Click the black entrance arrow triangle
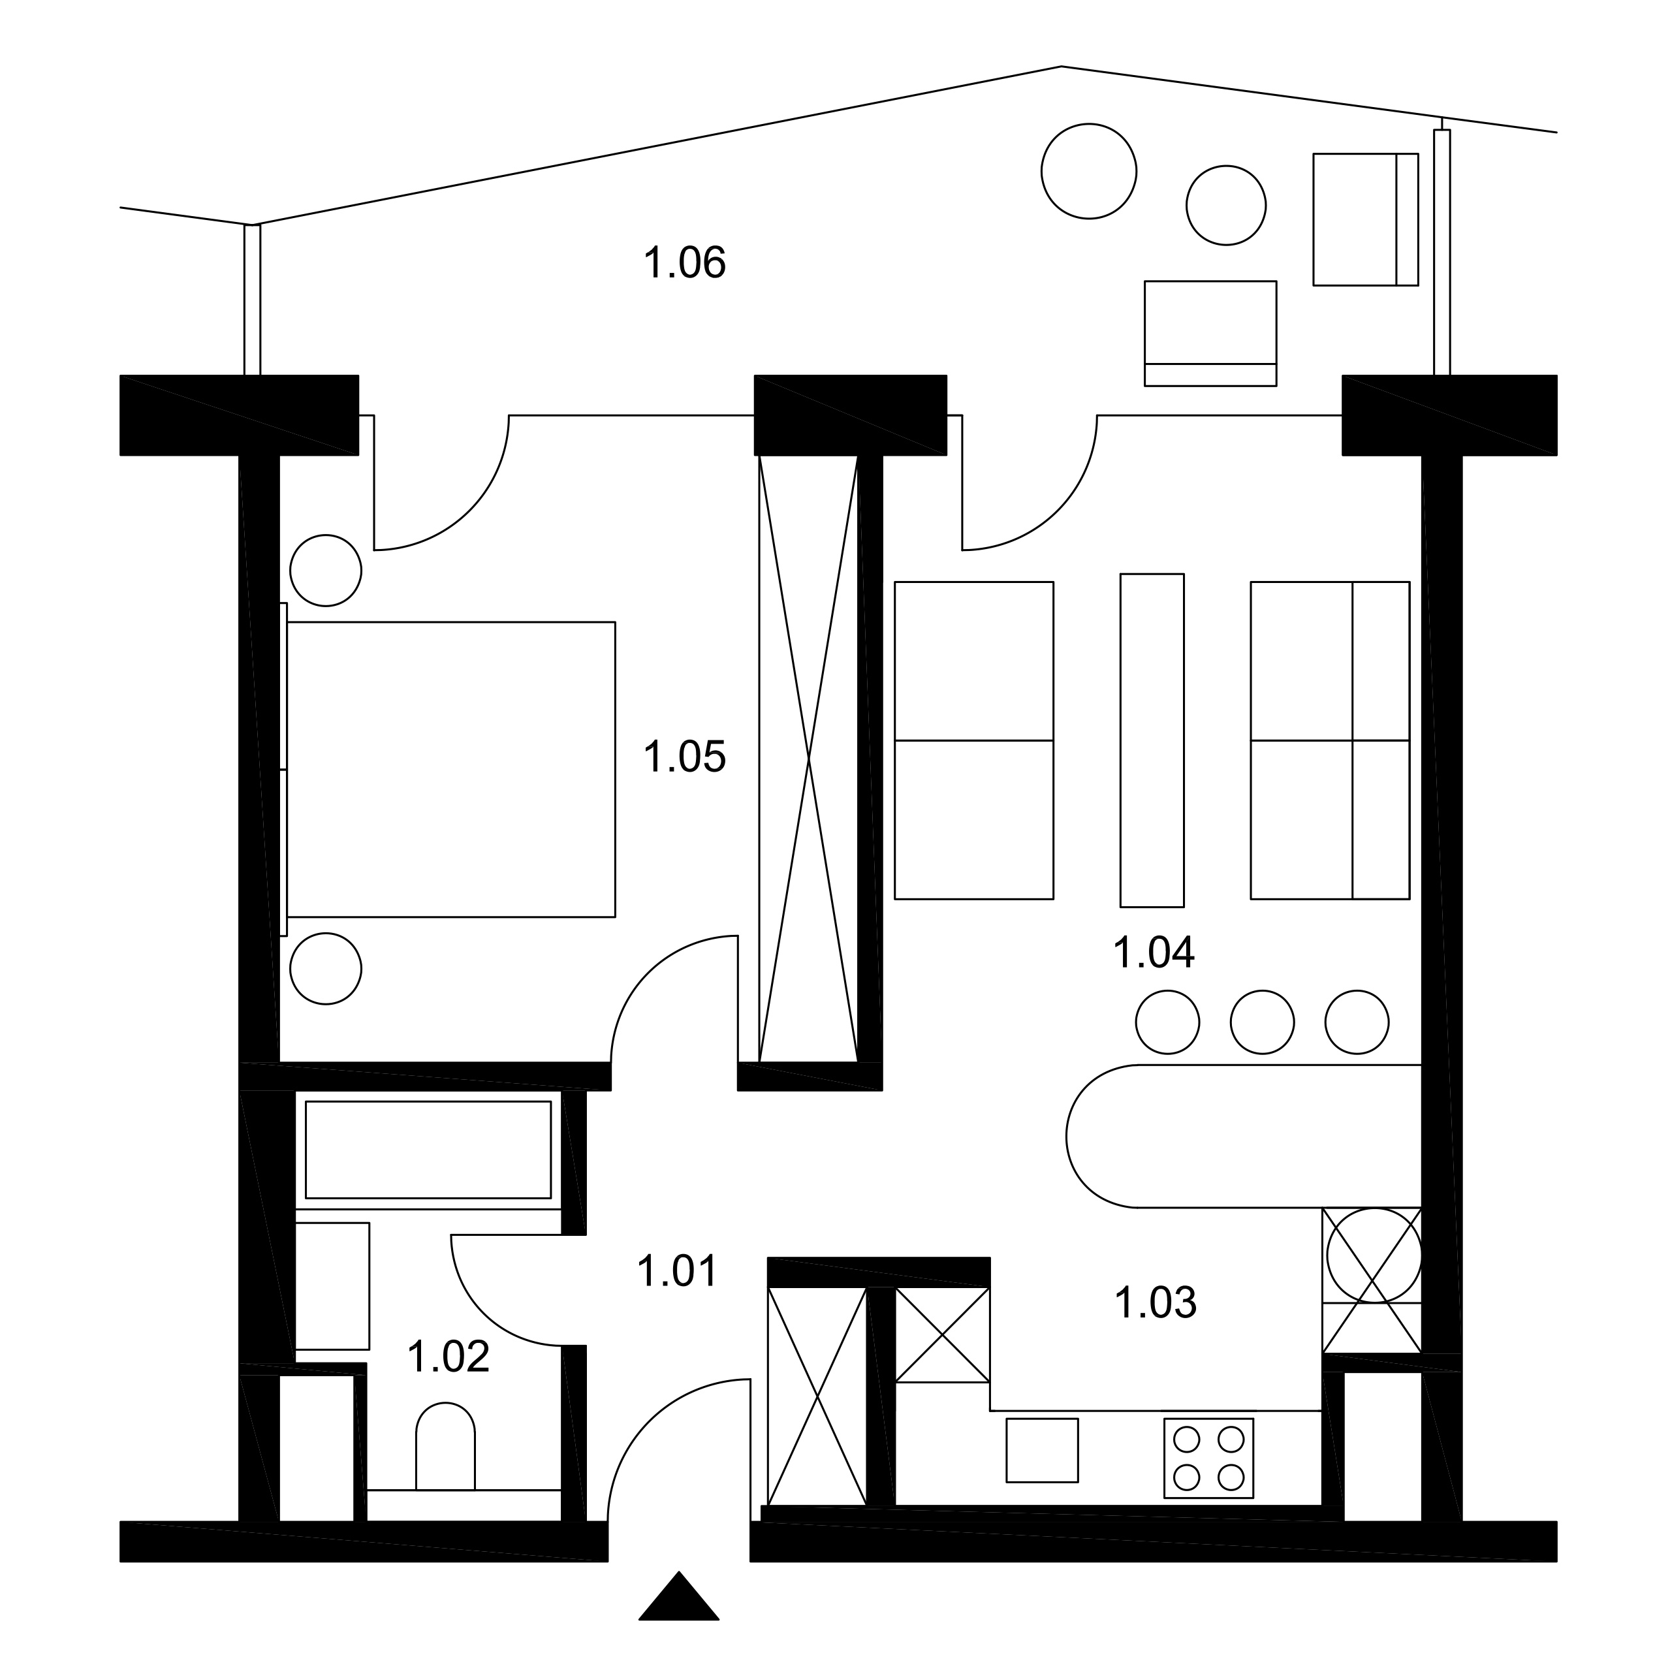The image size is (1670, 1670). coord(678,1598)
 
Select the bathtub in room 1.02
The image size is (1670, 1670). coord(428,1150)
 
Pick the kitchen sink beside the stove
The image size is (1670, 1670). coord(1041,1449)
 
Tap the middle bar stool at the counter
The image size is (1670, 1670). coord(1262,1022)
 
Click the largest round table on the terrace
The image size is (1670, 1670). coord(1088,171)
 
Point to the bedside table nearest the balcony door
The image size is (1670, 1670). coord(325,571)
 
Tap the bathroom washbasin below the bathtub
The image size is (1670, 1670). coord(333,1285)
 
